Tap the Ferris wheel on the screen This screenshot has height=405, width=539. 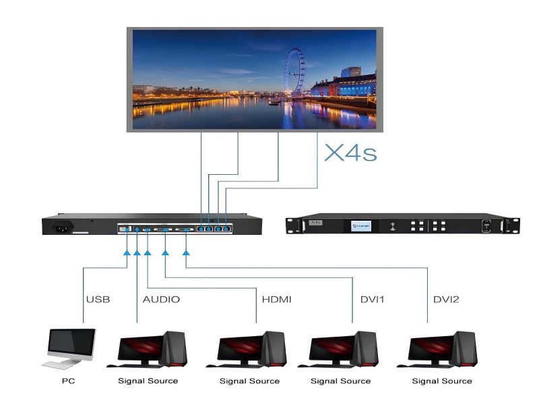(294, 70)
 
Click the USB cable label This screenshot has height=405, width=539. (98, 298)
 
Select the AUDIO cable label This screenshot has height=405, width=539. (161, 298)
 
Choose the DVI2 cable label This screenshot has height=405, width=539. (445, 298)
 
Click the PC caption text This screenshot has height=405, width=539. (68, 381)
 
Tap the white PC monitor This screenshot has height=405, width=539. (71, 345)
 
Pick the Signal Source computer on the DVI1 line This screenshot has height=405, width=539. (341, 348)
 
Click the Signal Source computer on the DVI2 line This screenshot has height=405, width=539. (442, 348)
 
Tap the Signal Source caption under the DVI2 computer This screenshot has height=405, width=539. (442, 381)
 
